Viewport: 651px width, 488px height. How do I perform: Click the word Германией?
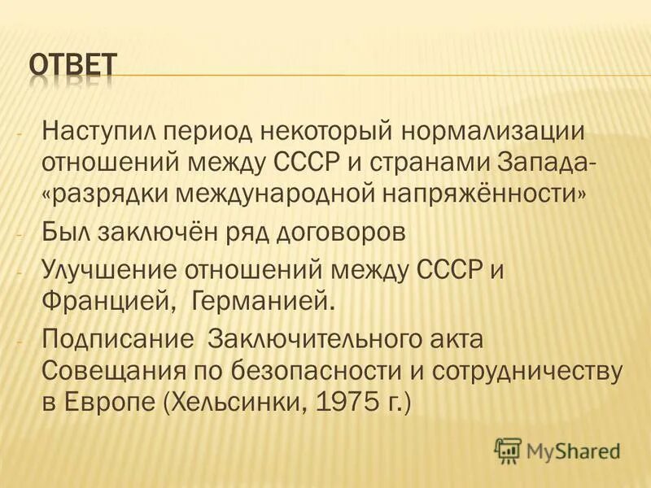(x=262, y=303)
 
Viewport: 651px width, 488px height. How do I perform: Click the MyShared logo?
(x=557, y=450)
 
